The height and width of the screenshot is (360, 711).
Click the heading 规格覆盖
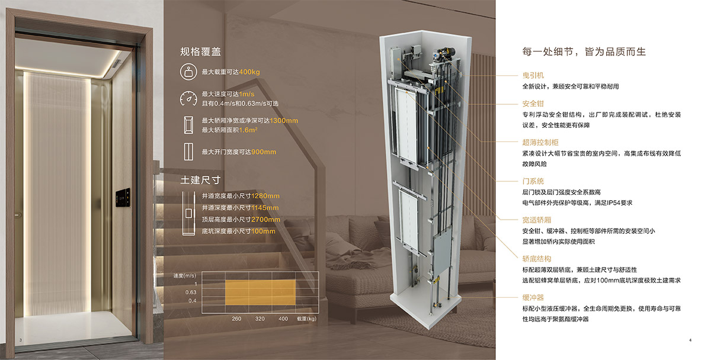point(200,52)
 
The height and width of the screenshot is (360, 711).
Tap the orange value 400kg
point(249,72)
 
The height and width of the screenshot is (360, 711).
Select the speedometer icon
point(188,98)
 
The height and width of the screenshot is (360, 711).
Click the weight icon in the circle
point(188,72)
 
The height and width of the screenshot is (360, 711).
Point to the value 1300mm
point(284,121)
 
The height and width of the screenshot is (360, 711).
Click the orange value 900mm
point(264,152)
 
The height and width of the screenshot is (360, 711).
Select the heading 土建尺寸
point(200,180)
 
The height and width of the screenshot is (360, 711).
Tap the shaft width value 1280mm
point(265,196)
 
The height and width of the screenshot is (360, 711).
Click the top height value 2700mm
point(265,220)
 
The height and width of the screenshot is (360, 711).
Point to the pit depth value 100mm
point(263,232)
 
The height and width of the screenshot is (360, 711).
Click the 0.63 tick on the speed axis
point(191,292)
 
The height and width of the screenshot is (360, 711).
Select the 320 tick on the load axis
point(260,319)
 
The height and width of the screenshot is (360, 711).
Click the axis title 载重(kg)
point(307,319)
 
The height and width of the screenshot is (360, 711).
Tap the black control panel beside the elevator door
point(123,198)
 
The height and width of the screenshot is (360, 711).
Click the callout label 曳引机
point(533,75)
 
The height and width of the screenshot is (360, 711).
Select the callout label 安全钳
point(533,104)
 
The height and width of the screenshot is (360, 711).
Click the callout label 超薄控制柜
point(540,143)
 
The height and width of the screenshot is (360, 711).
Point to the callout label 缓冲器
point(533,297)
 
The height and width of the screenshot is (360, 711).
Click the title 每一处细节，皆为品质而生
point(584,52)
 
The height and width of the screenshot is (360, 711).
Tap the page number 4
point(690,340)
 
